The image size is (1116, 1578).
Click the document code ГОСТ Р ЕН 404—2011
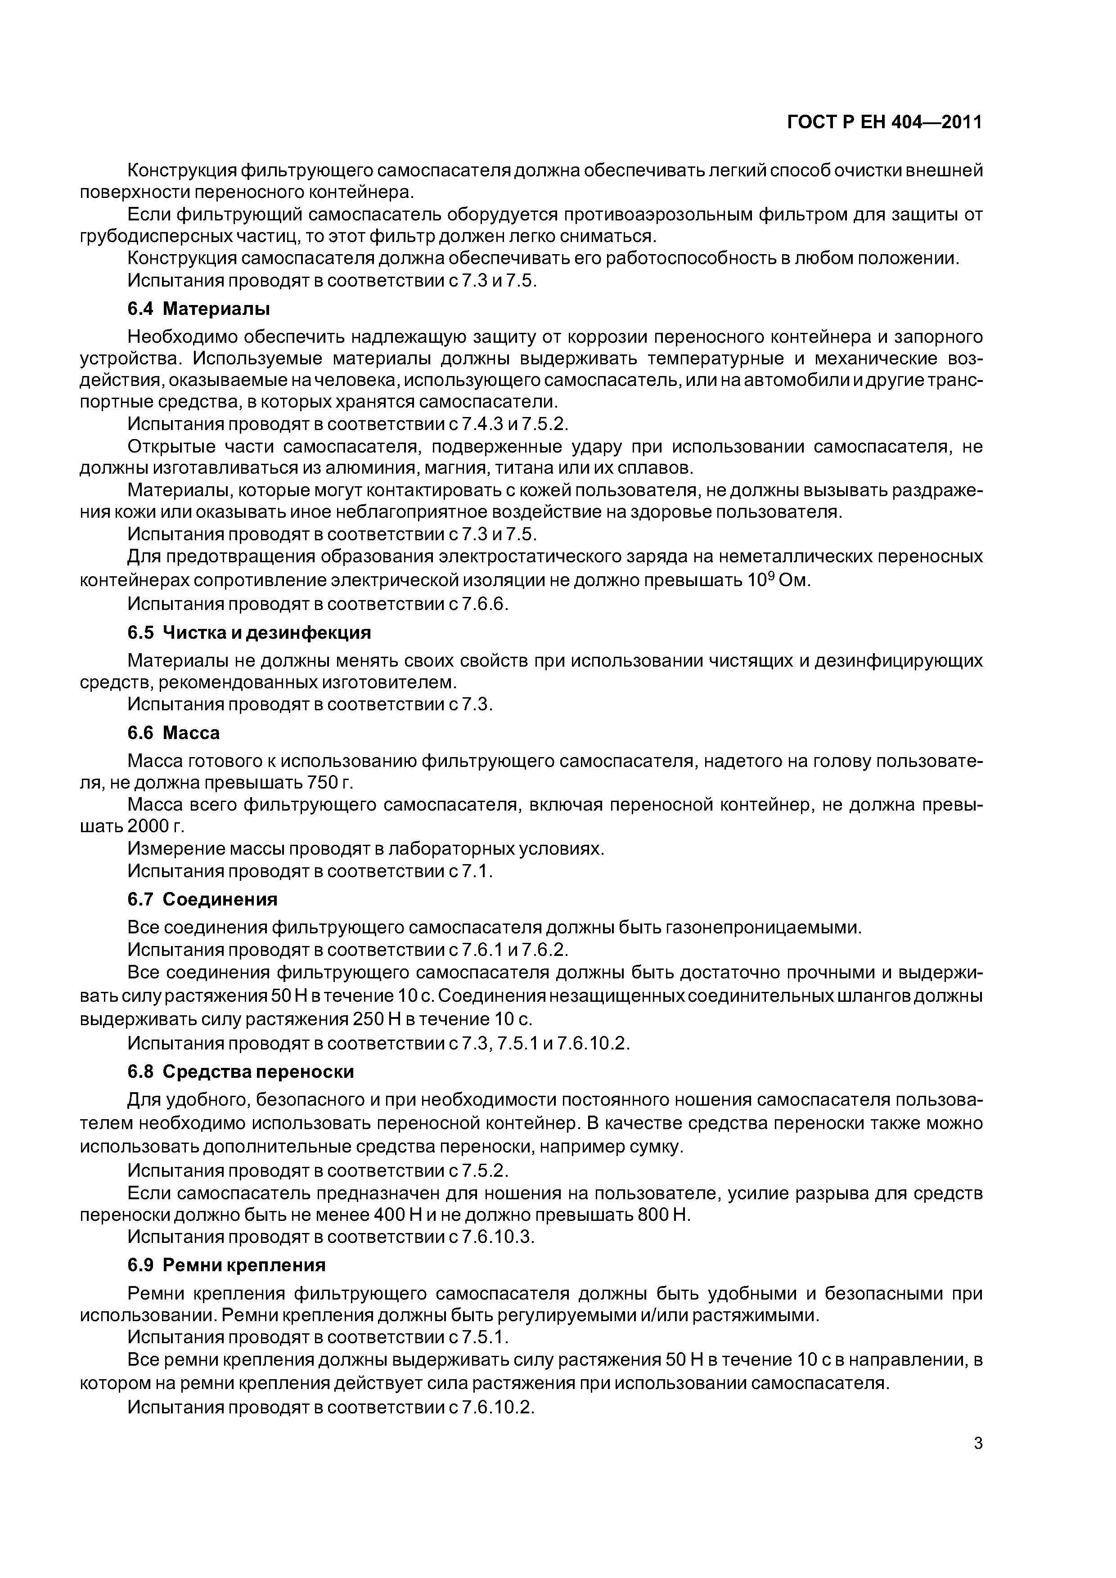[884, 122]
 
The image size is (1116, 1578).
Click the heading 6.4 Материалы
[199, 309]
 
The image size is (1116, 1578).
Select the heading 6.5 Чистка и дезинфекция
[249, 632]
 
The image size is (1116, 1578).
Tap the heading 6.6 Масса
[173, 733]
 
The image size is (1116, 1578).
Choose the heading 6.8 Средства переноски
[241, 1071]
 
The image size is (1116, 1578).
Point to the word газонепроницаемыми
[763, 927]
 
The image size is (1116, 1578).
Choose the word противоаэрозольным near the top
[659, 215]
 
